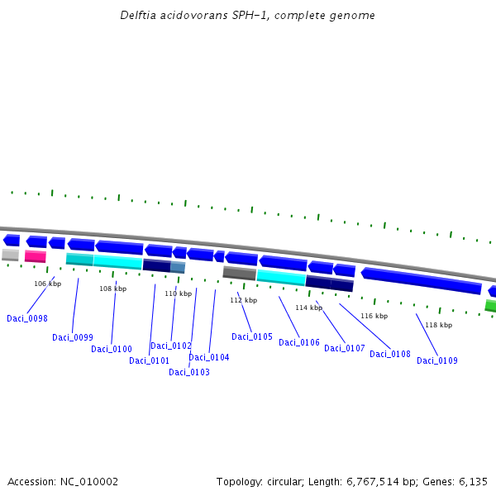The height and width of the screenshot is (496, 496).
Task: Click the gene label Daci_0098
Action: [x=27, y=318]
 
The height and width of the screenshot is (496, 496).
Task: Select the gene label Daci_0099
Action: [x=73, y=337]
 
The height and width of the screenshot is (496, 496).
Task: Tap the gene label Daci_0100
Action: [x=112, y=349]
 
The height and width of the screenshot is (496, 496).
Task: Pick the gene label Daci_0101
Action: [x=150, y=360]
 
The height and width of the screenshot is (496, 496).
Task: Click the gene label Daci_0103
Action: [x=189, y=372]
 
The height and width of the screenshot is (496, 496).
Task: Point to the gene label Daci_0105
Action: [x=252, y=336]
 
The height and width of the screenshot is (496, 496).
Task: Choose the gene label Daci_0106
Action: [x=299, y=342]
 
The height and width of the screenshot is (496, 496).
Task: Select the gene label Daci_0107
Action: [x=345, y=348]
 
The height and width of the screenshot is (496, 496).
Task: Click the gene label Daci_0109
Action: [x=437, y=360]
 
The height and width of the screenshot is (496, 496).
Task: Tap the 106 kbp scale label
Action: [x=48, y=284]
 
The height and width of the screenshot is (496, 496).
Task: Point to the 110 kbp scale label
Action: [x=178, y=293]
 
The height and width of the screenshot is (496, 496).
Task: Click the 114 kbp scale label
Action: [x=308, y=308]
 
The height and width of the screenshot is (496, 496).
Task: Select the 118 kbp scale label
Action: [x=438, y=325]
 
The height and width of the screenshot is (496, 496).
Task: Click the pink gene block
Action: [x=35, y=256]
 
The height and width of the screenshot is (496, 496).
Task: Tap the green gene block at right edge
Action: [x=490, y=306]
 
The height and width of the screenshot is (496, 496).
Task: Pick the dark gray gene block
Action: [x=239, y=273]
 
